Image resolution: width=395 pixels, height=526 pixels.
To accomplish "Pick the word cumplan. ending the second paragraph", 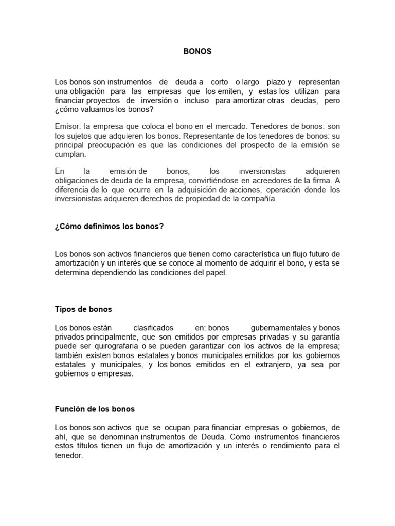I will [70, 154].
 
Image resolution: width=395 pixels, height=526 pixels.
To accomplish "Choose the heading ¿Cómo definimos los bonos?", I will [109, 226].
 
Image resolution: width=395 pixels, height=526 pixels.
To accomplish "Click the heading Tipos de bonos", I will [83, 309].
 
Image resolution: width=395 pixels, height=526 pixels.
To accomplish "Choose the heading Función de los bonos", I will [94, 409].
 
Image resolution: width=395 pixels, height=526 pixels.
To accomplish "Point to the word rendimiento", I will [284, 446].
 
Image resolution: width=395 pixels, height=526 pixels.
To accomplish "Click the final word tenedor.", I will [68, 456].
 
